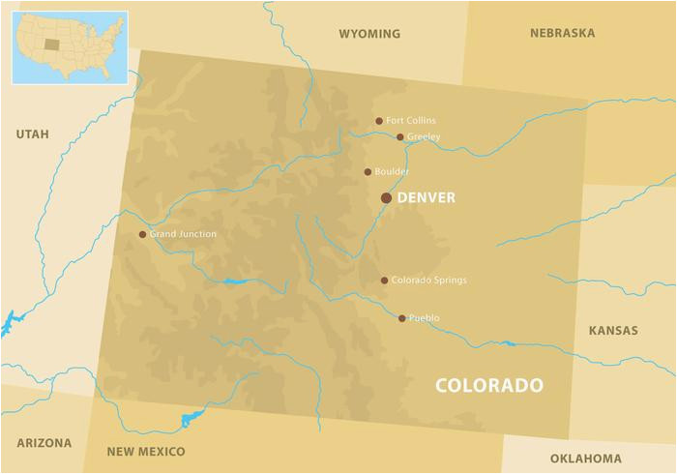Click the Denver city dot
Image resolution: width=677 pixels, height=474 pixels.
pyautogui.click(x=386, y=197)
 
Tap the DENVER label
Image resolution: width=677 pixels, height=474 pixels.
pyautogui.click(x=426, y=197)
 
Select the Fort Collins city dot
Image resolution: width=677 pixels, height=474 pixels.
pyautogui.click(x=379, y=121)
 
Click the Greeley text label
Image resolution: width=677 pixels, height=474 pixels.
pyautogui.click(x=424, y=137)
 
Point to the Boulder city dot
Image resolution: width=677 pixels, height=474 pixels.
pyautogui.click(x=368, y=172)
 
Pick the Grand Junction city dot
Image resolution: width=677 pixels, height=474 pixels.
pyautogui.click(x=142, y=234)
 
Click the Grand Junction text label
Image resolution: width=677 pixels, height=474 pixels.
pyautogui.click(x=183, y=234)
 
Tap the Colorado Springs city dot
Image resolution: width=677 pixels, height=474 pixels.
pyautogui.click(x=384, y=281)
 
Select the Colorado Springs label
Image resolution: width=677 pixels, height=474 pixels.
pyautogui.click(x=428, y=281)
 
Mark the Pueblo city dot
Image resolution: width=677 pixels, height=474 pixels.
pyautogui.click(x=402, y=317)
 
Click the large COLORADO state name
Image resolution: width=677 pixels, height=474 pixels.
pyautogui.click(x=488, y=385)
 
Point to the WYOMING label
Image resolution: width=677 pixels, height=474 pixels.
pyautogui.click(x=368, y=34)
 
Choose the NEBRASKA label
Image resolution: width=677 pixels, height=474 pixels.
pyautogui.click(x=562, y=33)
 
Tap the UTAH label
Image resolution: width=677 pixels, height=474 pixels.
pyautogui.click(x=32, y=134)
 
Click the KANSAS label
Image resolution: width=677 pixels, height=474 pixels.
pyautogui.click(x=613, y=331)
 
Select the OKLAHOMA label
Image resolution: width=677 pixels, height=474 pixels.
pyautogui.click(x=585, y=458)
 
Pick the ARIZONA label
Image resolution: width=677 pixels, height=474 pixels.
pyautogui.click(x=44, y=443)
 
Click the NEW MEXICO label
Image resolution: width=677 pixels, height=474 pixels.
pyautogui.click(x=146, y=452)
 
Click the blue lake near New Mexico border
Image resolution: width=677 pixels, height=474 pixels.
pyautogui.click(x=191, y=420)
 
